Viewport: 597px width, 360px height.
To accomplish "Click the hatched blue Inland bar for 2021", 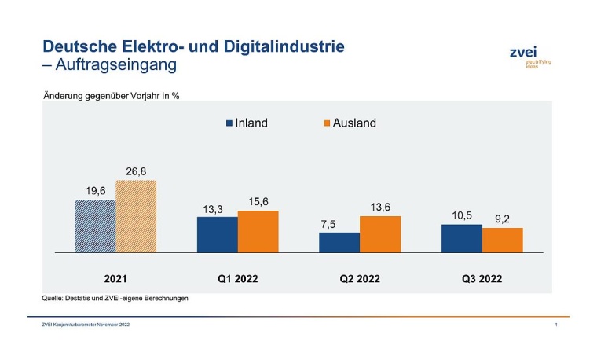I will (96, 226).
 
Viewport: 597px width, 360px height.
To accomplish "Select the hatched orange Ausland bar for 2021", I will (136, 216).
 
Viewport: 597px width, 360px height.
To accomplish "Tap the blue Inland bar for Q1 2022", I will (218, 234).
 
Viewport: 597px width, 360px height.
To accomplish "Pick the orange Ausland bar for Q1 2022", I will (258, 231).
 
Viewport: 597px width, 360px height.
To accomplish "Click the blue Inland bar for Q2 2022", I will (339, 242).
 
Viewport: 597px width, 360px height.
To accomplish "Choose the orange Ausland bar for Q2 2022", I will (380, 233).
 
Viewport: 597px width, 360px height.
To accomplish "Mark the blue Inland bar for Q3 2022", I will (462, 238).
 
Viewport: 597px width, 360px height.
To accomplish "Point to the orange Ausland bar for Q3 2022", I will (503, 240).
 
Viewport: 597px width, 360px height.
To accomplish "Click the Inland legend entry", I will (247, 123).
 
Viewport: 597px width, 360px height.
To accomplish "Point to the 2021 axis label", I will (115, 278).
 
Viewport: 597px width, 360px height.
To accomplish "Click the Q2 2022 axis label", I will (360, 278).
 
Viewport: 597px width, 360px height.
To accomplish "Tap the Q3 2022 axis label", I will (482, 278).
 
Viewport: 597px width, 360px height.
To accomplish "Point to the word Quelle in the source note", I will (53, 299).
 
